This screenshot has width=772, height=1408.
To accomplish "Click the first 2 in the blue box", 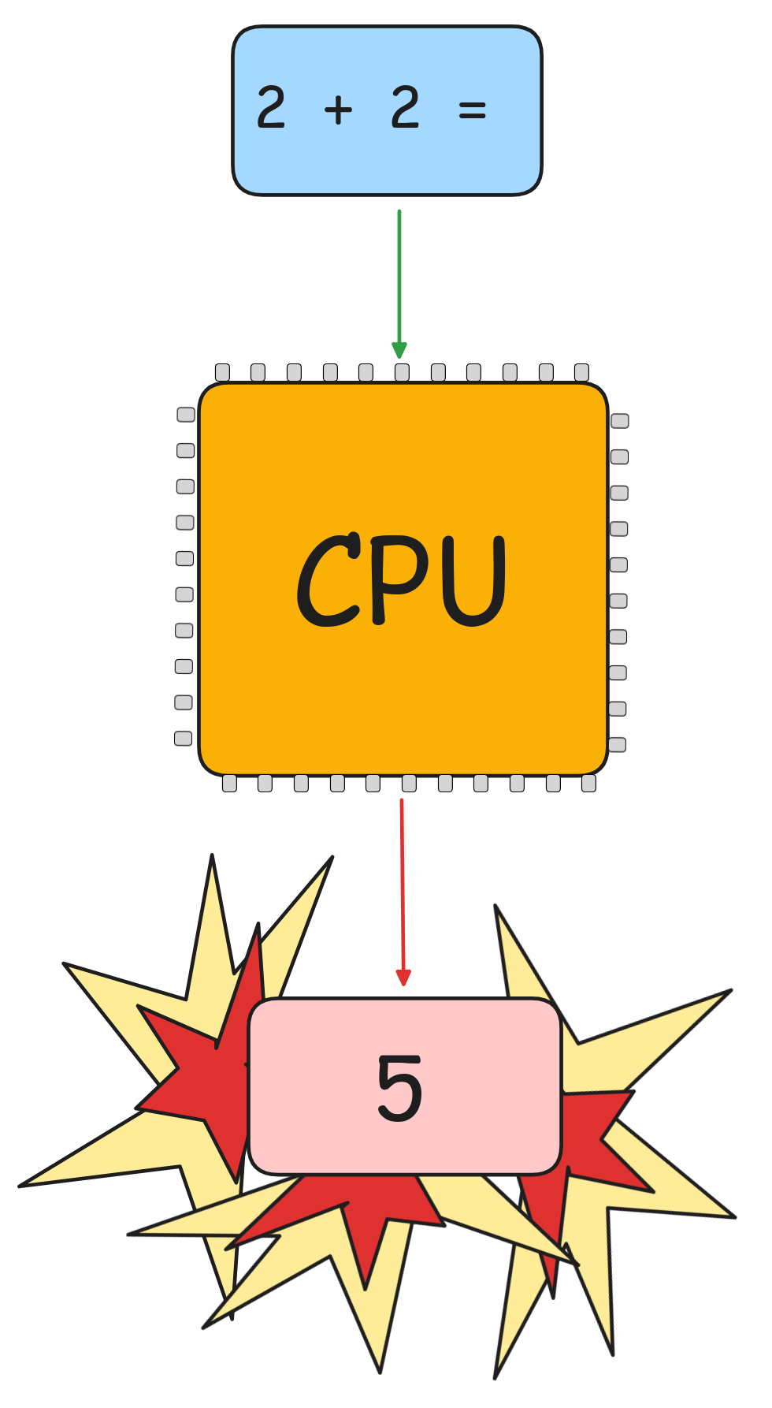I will [x=271, y=108].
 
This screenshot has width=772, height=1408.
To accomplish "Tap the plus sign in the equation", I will [x=338, y=109].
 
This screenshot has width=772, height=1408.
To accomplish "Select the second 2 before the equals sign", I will [x=405, y=108].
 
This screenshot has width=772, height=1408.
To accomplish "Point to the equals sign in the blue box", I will [x=472, y=110].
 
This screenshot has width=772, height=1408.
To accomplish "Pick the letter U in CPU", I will [x=473, y=581].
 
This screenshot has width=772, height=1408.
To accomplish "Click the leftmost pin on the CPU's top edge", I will [x=222, y=372].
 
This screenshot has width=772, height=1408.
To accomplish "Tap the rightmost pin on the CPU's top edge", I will [x=581, y=372].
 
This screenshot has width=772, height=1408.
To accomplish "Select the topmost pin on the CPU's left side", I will [x=186, y=415].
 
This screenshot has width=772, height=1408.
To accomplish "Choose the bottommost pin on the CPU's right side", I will [x=618, y=745].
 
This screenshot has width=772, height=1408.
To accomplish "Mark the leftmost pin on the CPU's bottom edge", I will [x=229, y=783].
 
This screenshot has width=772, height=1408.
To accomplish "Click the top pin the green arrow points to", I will [x=402, y=372].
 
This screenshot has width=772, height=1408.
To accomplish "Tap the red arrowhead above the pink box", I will [x=403, y=978].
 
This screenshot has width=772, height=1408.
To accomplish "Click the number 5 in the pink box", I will [x=399, y=1088].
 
